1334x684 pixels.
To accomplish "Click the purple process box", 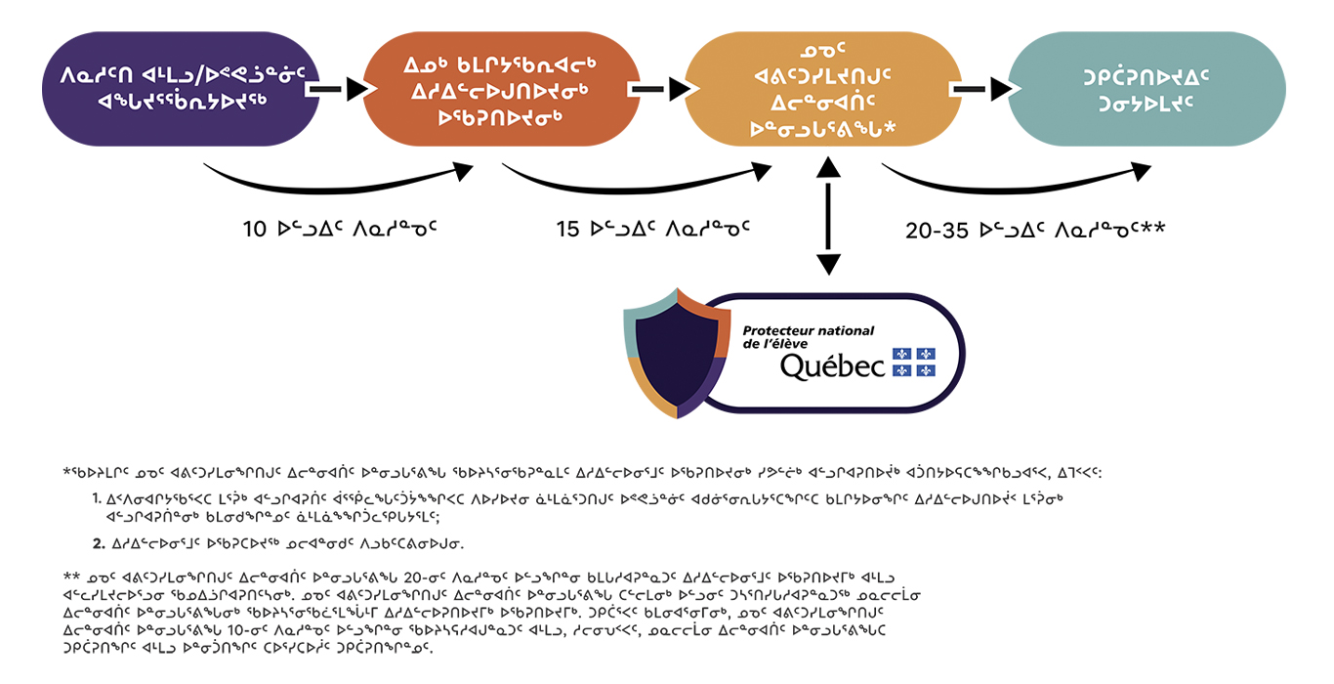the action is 181,89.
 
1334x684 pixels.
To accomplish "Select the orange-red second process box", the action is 501,89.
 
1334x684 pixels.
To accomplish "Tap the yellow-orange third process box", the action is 823,89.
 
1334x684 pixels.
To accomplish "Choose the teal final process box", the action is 1146,89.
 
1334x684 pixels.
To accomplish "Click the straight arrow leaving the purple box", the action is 340,89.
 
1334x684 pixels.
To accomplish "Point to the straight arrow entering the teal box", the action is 983,89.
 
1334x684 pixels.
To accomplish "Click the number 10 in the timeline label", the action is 254,230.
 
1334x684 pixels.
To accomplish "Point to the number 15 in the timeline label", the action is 567,230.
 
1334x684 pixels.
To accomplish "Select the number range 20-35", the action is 937,231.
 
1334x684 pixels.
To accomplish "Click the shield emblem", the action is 678,354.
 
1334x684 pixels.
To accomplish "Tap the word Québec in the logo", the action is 833,365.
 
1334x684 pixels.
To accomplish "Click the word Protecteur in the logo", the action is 773,330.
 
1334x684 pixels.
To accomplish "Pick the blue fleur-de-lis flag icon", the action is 913,363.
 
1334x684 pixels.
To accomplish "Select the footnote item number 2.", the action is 99,543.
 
